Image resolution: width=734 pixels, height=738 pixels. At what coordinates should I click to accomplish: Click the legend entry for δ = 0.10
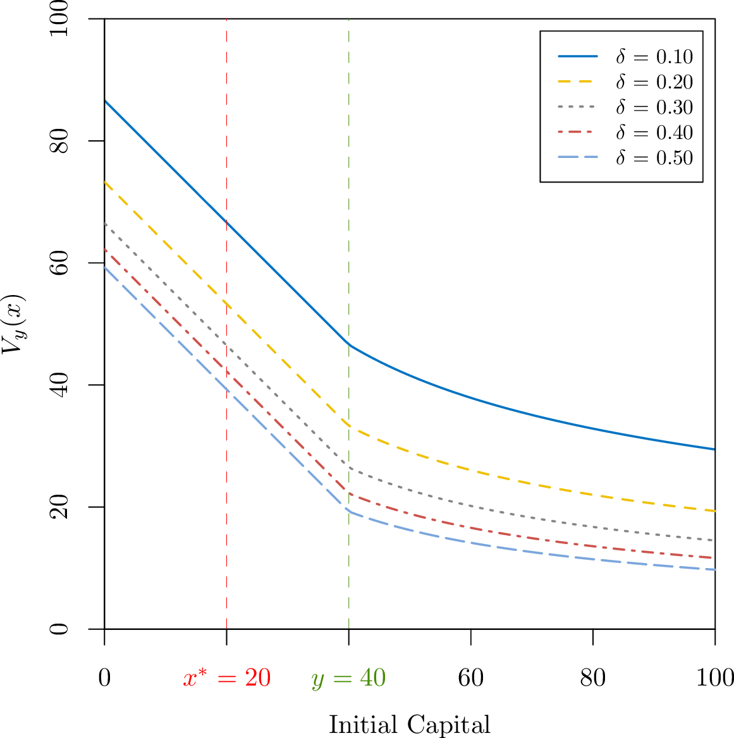tap(625, 56)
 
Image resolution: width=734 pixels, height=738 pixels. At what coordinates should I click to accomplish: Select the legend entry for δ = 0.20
tap(625, 82)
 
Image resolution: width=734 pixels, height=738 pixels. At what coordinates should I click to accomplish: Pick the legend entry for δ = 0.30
tap(625, 107)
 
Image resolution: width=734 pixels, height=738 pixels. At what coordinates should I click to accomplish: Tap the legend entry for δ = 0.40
tap(625, 132)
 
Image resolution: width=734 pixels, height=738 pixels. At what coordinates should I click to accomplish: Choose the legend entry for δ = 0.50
tap(625, 158)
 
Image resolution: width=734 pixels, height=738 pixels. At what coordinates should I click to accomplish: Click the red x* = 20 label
tap(227, 678)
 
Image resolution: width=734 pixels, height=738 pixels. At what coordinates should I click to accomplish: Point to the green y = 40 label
tap(349, 679)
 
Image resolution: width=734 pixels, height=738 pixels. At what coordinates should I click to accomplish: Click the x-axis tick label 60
tap(471, 678)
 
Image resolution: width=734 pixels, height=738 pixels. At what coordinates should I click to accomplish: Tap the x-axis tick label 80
tap(593, 678)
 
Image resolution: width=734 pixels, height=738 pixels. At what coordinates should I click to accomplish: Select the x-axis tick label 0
tap(104, 678)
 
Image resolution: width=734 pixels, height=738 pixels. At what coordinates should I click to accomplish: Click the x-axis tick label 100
tap(714, 678)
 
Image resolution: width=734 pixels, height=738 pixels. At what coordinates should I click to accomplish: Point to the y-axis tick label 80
tap(59, 141)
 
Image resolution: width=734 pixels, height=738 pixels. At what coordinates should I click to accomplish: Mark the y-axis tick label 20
tap(59, 507)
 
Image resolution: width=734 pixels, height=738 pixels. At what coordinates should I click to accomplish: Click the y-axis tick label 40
tap(59, 385)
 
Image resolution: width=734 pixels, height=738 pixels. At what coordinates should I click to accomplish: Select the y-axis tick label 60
tap(59, 263)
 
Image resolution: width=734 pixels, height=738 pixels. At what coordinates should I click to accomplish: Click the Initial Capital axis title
tap(410, 725)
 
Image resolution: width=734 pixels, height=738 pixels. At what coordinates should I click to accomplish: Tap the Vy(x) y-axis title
tap(13, 324)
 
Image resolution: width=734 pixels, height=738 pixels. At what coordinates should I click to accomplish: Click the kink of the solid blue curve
tap(349, 345)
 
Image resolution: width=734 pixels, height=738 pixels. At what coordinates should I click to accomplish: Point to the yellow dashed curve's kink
tap(349, 425)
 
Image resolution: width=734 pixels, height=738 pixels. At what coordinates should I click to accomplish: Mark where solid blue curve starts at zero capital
tap(104, 100)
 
